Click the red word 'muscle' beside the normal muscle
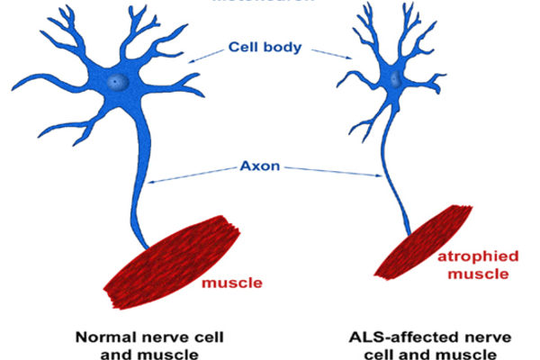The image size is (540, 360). tap(233, 283)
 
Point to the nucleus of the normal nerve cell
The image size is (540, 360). tap(114, 82)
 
